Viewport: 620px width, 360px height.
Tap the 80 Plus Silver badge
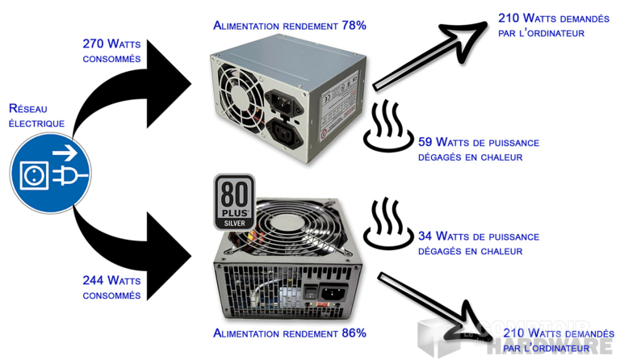[x=233, y=201]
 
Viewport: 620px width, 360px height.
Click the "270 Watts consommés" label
[x=111, y=50]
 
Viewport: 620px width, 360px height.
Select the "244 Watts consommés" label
[x=111, y=287]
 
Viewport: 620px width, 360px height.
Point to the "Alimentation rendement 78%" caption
[x=289, y=25]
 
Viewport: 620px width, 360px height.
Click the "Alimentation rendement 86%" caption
[x=289, y=333]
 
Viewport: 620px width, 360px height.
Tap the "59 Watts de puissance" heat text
[x=478, y=143]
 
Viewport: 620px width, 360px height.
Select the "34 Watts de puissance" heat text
[x=478, y=237]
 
